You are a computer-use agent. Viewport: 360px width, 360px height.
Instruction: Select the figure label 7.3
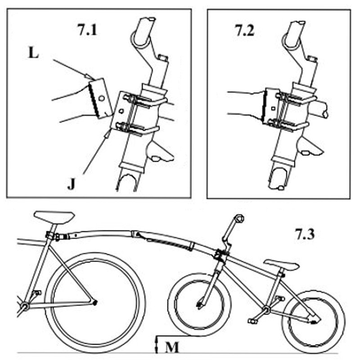click(306, 234)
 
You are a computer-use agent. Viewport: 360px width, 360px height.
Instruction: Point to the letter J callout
click(71, 184)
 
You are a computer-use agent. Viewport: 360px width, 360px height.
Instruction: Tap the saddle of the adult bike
click(54, 216)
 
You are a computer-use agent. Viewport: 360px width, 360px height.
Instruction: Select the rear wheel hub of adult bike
click(94, 302)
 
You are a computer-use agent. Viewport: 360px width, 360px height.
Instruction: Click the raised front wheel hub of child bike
click(199, 306)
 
